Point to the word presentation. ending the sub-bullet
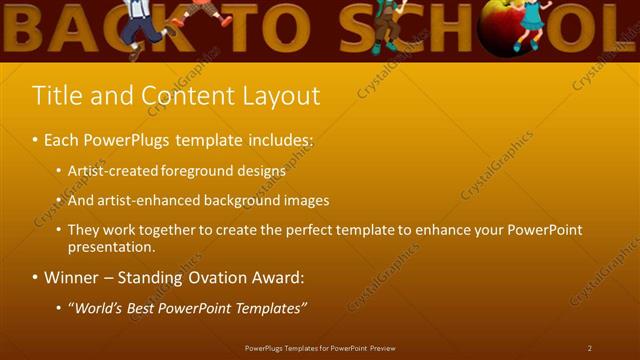pyautogui.click(x=112, y=246)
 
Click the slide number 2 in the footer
pyautogui.click(x=589, y=348)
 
